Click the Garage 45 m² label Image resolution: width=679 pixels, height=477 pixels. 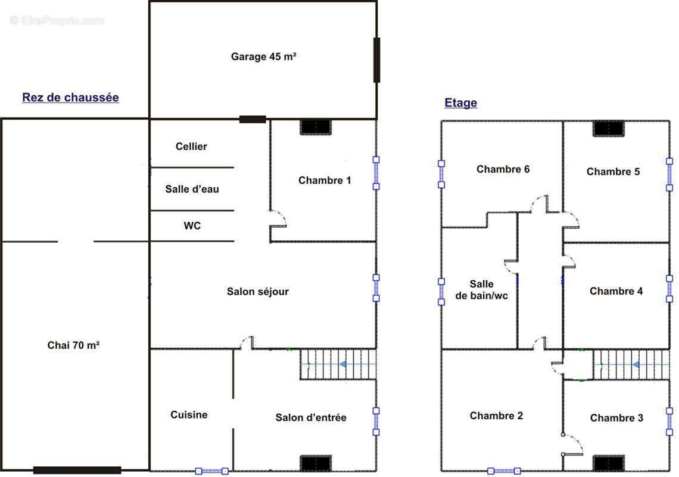point(263,57)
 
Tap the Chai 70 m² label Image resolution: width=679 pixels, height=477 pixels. point(74,345)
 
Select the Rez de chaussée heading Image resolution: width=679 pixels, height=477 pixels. point(71,98)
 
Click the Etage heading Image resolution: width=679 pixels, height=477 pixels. point(461,103)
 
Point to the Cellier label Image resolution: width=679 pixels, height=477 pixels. point(191,147)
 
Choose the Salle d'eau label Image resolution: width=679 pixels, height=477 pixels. point(192,189)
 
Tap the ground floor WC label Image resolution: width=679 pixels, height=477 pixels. point(192,225)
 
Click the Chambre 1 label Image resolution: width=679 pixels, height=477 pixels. point(325,181)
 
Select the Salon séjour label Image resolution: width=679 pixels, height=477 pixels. point(258,292)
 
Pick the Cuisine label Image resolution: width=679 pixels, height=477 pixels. point(189,414)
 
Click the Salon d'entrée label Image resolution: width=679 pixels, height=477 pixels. point(311,417)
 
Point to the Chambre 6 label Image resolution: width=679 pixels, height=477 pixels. point(503,169)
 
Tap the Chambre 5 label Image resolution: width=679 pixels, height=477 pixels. point(613,172)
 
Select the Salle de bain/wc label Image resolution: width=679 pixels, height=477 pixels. point(481,290)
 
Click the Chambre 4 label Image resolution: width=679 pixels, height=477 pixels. point(616,291)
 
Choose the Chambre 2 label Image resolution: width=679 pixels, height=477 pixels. point(496,416)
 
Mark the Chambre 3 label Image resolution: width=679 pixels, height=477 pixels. point(616,417)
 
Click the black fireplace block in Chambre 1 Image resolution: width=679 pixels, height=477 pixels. point(316,127)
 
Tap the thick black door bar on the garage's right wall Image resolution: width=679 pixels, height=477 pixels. point(377,60)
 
